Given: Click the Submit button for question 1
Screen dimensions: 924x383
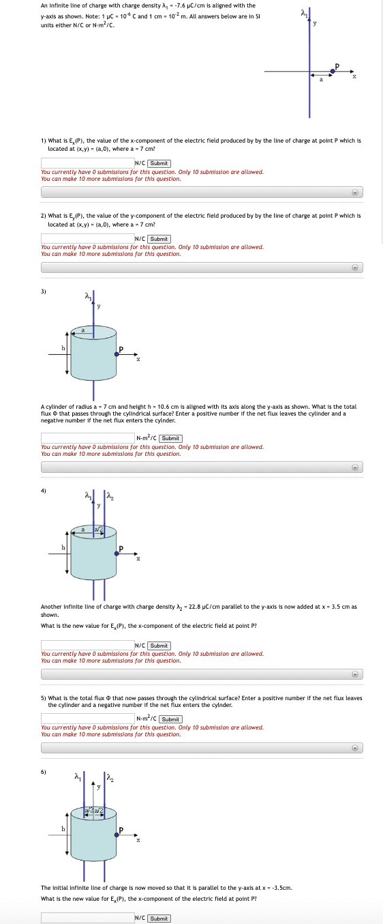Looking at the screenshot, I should point(159,163).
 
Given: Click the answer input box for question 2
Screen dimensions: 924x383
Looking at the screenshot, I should point(87,239).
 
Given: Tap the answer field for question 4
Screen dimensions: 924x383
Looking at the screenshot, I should point(87,645).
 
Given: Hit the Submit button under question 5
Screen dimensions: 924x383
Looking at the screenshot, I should point(171,719).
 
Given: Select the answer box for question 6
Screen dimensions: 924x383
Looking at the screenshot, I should point(87,918).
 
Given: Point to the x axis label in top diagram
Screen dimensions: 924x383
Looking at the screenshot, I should point(354,77).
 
